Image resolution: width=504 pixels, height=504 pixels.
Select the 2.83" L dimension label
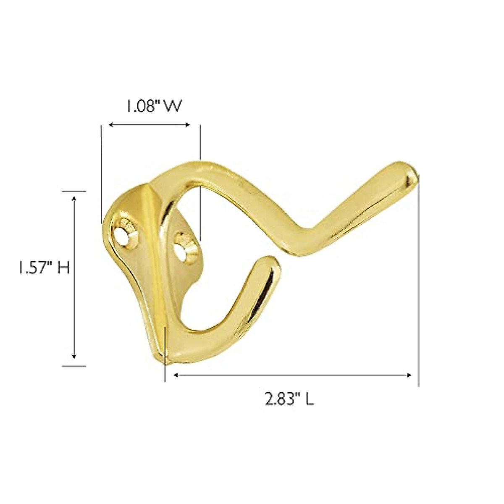[x=289, y=399]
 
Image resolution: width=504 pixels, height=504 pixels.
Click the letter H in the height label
[x=63, y=268]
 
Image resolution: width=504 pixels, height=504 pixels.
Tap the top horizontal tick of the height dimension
[x=74, y=191]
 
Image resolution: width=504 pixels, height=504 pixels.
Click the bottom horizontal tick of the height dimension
[x=74, y=366]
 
